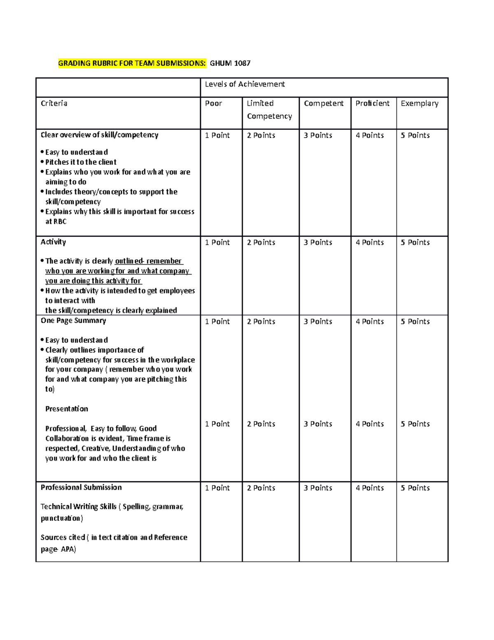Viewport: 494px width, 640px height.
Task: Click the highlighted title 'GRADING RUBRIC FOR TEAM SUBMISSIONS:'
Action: (x=132, y=63)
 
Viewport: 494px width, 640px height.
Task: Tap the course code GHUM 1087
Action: (x=230, y=63)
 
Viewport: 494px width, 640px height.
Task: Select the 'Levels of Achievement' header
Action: (x=245, y=84)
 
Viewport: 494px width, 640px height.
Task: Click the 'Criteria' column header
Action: (x=54, y=103)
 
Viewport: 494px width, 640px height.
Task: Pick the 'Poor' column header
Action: (x=214, y=103)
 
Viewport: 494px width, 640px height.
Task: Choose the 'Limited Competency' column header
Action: (x=269, y=110)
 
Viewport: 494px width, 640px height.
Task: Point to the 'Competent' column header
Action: (x=324, y=103)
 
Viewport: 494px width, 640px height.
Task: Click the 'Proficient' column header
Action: (x=373, y=103)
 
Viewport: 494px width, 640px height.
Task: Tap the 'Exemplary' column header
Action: (x=419, y=103)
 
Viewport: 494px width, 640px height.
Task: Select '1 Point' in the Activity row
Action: (x=217, y=243)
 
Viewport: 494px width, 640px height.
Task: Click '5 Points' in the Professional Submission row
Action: (x=415, y=488)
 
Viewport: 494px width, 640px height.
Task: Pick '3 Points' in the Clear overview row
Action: (x=318, y=136)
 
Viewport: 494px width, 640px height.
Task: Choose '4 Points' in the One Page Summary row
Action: (x=370, y=321)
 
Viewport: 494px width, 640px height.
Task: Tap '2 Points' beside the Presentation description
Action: (x=261, y=424)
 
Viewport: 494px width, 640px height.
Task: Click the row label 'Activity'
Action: (x=53, y=242)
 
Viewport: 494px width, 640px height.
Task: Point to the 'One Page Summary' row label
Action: (x=73, y=321)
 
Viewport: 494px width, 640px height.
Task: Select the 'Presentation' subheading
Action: (x=66, y=409)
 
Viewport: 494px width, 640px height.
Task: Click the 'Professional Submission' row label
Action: (x=81, y=488)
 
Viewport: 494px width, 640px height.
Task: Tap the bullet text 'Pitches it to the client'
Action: (x=81, y=162)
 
